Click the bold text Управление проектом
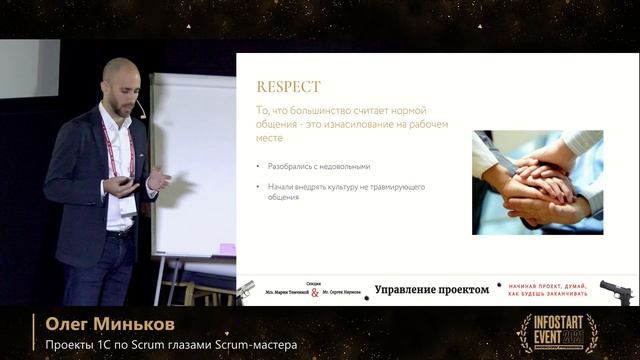click(x=432, y=290)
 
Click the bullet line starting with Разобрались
click(x=313, y=166)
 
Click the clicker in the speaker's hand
click(x=127, y=182)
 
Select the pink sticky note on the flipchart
click(x=228, y=249)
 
